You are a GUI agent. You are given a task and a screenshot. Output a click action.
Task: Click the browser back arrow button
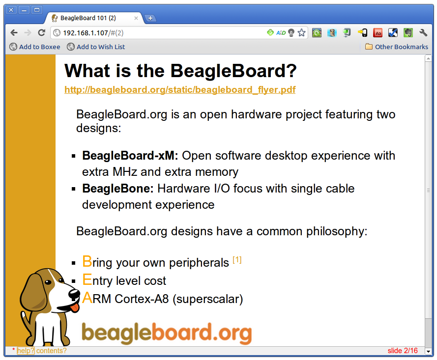[x=14, y=33]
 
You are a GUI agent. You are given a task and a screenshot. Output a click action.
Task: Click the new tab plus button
[x=150, y=18]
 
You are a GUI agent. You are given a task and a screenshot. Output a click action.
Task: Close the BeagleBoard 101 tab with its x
[x=136, y=18]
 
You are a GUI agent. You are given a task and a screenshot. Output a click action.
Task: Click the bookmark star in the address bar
[x=301, y=33]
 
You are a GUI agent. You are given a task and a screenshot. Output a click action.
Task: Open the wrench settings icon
[x=423, y=33]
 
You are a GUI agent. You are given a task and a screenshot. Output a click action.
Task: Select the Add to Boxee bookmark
[x=35, y=47]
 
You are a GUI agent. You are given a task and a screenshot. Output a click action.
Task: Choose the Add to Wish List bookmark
[x=96, y=47]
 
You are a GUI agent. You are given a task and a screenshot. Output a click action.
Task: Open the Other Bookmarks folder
[x=397, y=47]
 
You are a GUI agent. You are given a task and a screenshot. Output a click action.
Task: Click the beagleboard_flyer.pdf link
[x=180, y=90]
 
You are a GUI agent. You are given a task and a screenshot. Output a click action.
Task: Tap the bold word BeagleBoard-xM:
[x=130, y=156]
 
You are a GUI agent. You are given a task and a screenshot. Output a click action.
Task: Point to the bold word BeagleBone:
[x=118, y=189]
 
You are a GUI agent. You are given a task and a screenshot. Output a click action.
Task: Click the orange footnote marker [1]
[x=237, y=260]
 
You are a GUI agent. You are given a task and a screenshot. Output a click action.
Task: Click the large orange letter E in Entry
[x=87, y=279]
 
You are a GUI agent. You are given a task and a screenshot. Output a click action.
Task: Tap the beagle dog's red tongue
[x=75, y=307]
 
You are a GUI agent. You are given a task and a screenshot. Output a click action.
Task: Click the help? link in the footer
[x=26, y=351]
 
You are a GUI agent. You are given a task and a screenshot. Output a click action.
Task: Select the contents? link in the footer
[x=52, y=351]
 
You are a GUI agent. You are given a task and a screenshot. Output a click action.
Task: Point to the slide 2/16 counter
[x=403, y=351]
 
